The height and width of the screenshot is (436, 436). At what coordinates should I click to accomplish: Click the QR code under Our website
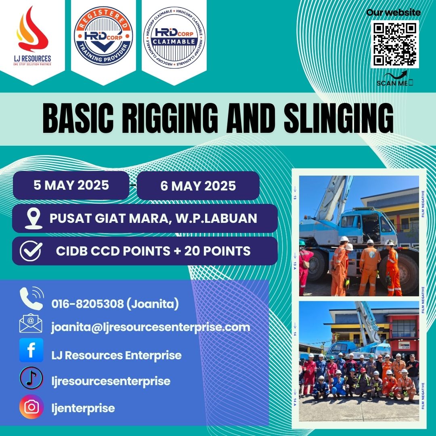pyautogui.click(x=395, y=44)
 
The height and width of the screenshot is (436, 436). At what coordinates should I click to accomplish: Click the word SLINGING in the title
pyautogui.click(x=338, y=118)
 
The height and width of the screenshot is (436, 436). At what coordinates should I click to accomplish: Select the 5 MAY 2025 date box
pyautogui.click(x=71, y=185)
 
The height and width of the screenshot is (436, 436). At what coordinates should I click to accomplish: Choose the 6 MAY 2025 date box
pyautogui.click(x=198, y=186)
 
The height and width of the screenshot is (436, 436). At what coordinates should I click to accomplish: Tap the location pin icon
pyautogui.click(x=34, y=218)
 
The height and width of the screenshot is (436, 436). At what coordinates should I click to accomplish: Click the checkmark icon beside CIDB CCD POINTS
pyautogui.click(x=31, y=251)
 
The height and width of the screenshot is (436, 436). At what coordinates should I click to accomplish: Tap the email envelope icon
pyautogui.click(x=31, y=323)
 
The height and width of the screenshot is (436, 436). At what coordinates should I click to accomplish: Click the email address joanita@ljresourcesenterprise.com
pyautogui.click(x=151, y=327)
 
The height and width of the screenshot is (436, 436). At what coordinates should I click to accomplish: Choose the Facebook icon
pyautogui.click(x=31, y=350)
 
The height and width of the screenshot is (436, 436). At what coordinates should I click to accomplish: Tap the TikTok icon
pyautogui.click(x=31, y=378)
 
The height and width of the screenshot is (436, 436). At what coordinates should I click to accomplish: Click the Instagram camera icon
pyautogui.click(x=31, y=407)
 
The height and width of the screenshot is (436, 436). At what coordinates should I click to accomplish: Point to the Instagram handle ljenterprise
pyautogui.click(x=83, y=408)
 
